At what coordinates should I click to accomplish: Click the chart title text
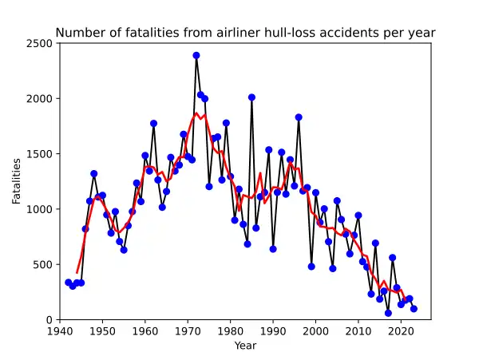pyautogui.click(x=245, y=33)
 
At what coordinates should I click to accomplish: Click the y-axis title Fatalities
pyautogui.click(x=17, y=181)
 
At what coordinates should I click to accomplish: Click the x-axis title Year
pyautogui.click(x=245, y=346)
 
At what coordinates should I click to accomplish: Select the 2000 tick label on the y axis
pyautogui.click(x=40, y=98)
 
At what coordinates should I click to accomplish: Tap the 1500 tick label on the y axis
pyautogui.click(x=40, y=154)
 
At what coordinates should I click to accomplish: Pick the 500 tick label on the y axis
pyautogui.click(x=43, y=264)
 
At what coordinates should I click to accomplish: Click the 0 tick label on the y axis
pyautogui.click(x=49, y=320)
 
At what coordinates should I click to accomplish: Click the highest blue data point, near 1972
pyautogui.click(x=196, y=55)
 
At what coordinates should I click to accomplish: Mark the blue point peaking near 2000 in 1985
pyautogui.click(x=251, y=97)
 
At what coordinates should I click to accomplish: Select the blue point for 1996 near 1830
pyautogui.click(x=299, y=117)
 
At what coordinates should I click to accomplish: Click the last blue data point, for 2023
pyautogui.click(x=414, y=309)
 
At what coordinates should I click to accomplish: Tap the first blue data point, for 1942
pyautogui.click(x=69, y=283)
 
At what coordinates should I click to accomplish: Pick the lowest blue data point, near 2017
pyautogui.click(x=388, y=314)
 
